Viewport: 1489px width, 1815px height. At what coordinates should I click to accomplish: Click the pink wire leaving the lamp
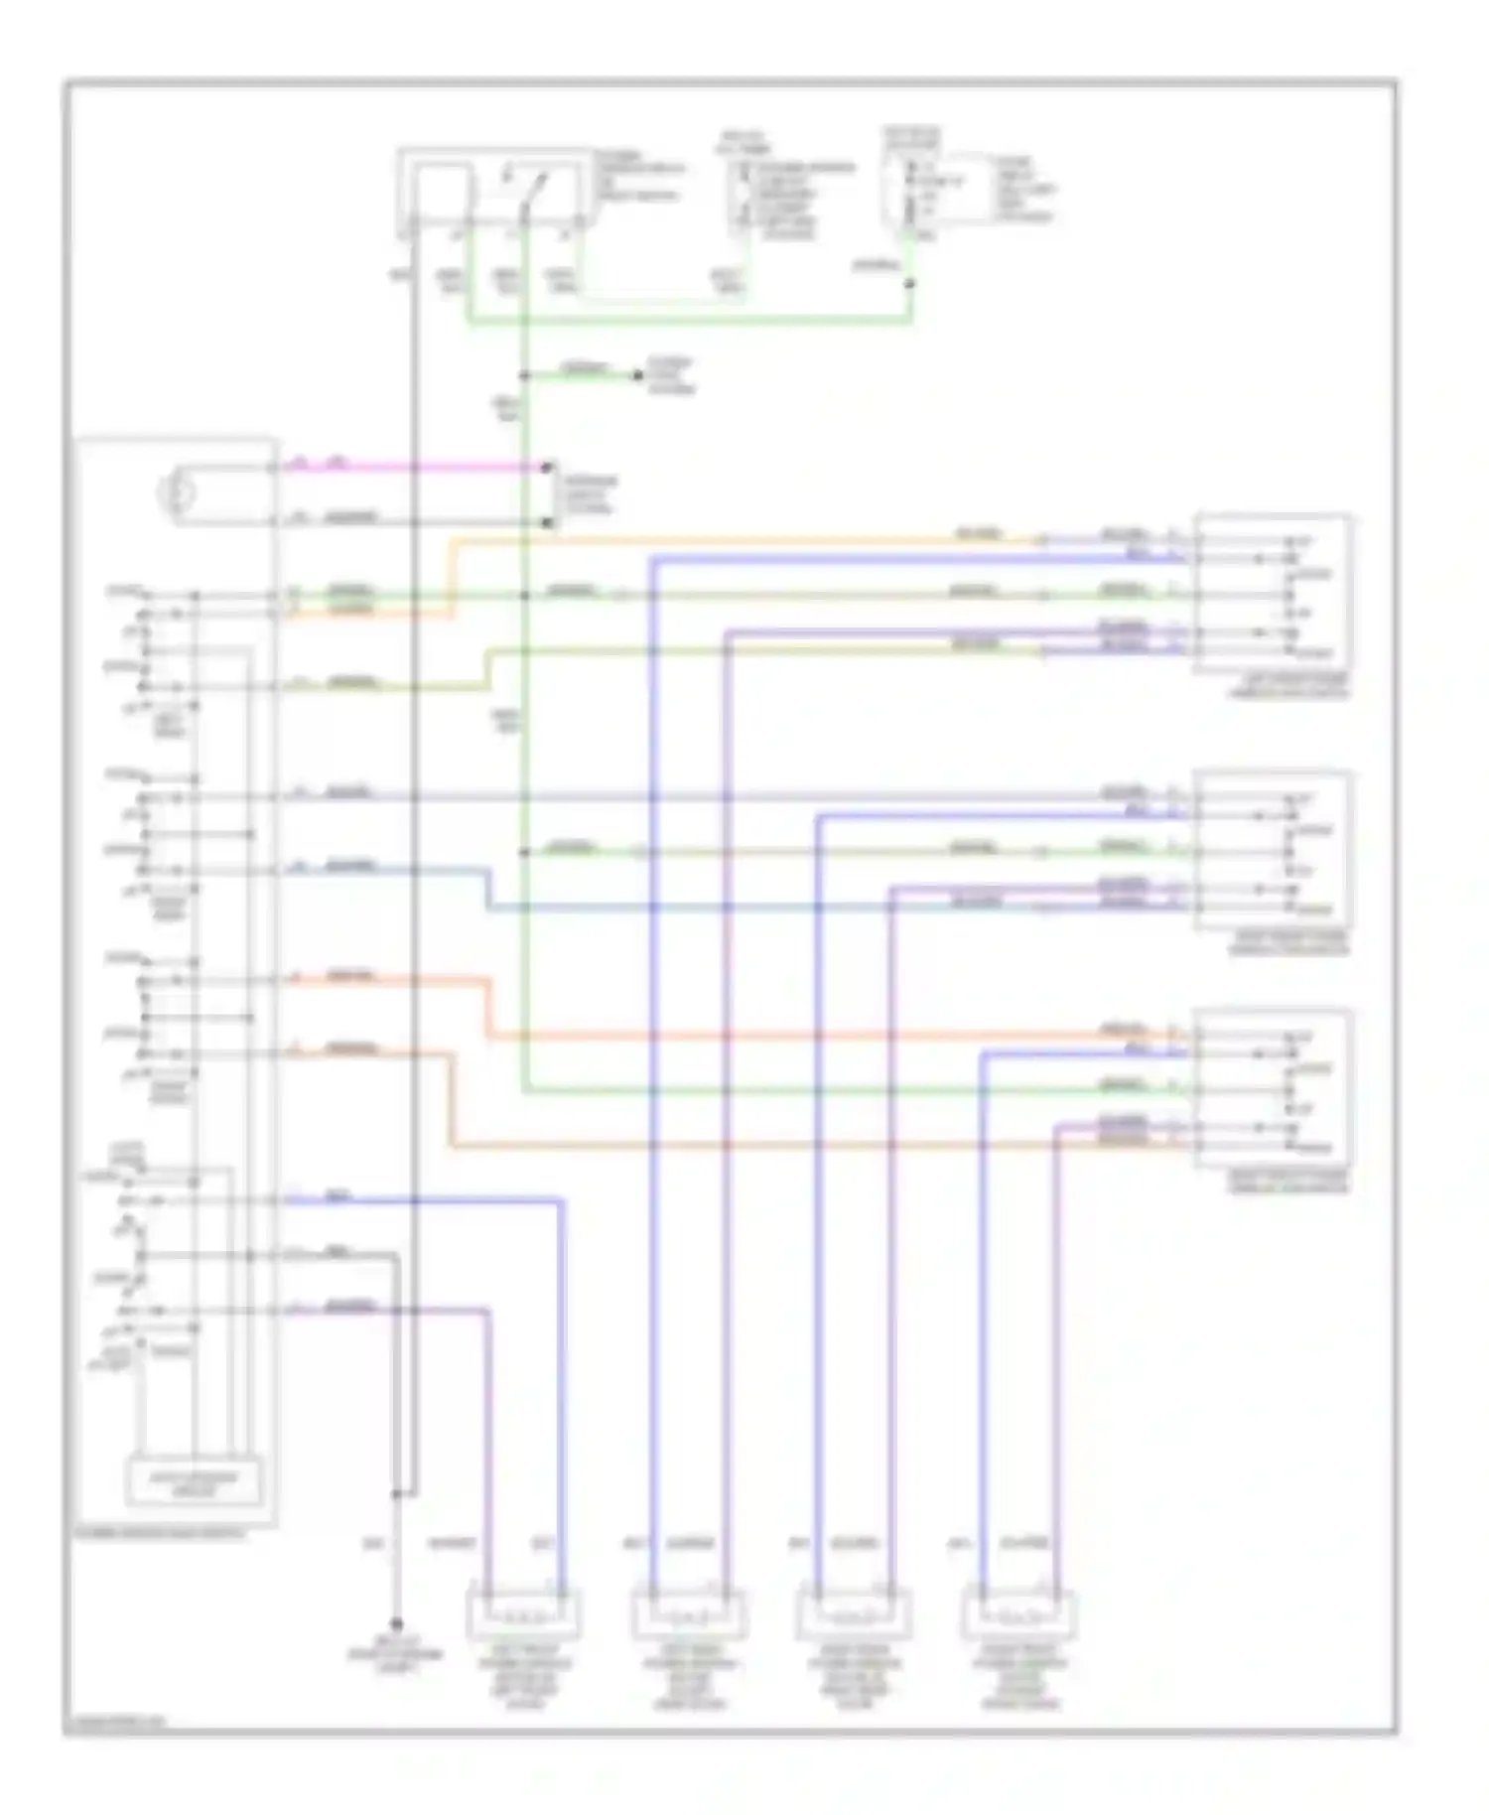point(417,467)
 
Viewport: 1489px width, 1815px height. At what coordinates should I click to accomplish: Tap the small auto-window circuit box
point(195,1482)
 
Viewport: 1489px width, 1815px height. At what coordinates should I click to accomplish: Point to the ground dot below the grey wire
point(396,1624)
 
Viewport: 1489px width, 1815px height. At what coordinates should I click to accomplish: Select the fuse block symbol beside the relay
point(743,196)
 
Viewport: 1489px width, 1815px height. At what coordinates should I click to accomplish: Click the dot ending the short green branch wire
point(639,376)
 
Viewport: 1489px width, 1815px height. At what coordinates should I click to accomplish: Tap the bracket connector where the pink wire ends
point(549,493)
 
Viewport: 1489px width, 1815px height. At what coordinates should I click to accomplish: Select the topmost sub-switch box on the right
point(1274,594)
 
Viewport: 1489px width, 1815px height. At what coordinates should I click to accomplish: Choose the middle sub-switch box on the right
point(1274,850)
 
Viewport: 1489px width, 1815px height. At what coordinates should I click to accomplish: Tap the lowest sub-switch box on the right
point(1274,1088)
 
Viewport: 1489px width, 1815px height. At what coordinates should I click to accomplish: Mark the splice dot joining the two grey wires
point(396,1493)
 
